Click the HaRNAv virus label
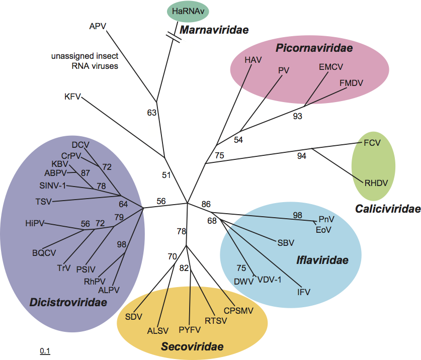tap(188, 11)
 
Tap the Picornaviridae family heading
tap(313, 48)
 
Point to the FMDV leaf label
tap(351, 82)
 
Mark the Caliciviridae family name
tap(387, 209)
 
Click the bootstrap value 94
tap(301, 156)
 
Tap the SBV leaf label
tap(286, 243)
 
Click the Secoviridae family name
tap(192, 346)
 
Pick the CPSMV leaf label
tap(238, 310)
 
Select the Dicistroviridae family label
tap(75, 303)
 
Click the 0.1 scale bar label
tap(45, 350)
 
